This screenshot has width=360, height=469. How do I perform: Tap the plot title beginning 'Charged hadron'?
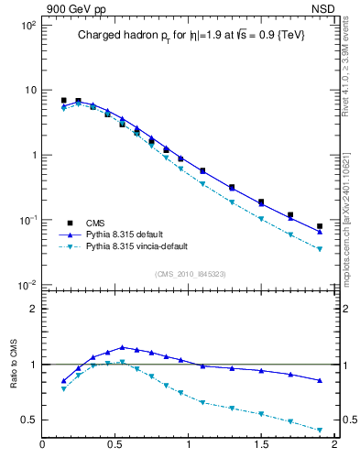(x=190, y=35)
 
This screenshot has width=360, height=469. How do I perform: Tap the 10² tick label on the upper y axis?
(x=27, y=26)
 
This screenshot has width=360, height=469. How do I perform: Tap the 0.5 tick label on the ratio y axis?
(x=27, y=420)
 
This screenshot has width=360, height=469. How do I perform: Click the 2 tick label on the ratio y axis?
(x=32, y=309)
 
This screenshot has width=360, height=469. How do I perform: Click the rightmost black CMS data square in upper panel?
(x=320, y=226)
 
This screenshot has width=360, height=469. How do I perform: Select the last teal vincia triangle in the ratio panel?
(x=320, y=431)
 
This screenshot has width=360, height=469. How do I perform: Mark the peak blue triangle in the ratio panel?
(x=122, y=347)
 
